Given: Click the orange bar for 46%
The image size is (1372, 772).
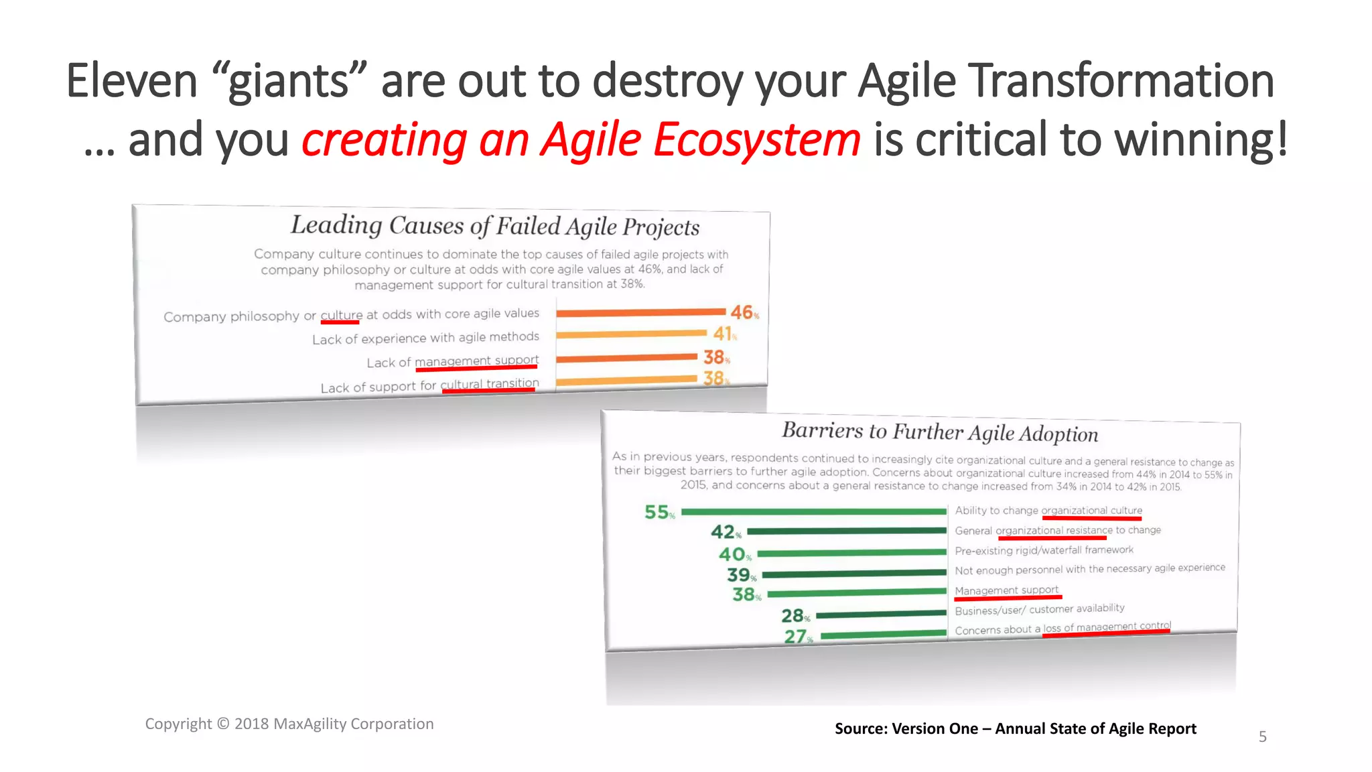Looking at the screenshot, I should tap(640, 312).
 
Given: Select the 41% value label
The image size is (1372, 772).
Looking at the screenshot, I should tap(723, 333).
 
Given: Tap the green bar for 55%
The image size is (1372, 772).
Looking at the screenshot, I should tap(813, 512).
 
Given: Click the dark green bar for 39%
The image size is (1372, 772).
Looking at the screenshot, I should tap(853, 574).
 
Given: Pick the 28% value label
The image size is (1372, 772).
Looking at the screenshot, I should tap(795, 615).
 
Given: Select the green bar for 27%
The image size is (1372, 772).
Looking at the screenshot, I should tap(882, 634).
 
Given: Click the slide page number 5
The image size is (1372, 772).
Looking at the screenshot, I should tap(1262, 736).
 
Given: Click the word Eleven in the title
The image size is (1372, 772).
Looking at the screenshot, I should tap(131, 80).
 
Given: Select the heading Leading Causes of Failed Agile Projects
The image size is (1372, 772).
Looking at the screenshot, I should tap(494, 226).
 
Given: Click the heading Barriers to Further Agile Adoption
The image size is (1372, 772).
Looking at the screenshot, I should tap(939, 432).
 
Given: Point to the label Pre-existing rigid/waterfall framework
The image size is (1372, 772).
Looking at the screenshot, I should tap(1044, 550).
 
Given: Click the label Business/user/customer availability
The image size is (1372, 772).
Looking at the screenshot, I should tap(1039, 609).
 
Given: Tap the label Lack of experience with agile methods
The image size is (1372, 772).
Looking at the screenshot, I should tap(425, 338).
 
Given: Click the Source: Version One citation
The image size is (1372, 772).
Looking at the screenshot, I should tap(1015, 728).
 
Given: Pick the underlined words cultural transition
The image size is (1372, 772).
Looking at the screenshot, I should tap(489, 384).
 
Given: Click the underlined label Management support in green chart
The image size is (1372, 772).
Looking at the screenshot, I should tap(1006, 590).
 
